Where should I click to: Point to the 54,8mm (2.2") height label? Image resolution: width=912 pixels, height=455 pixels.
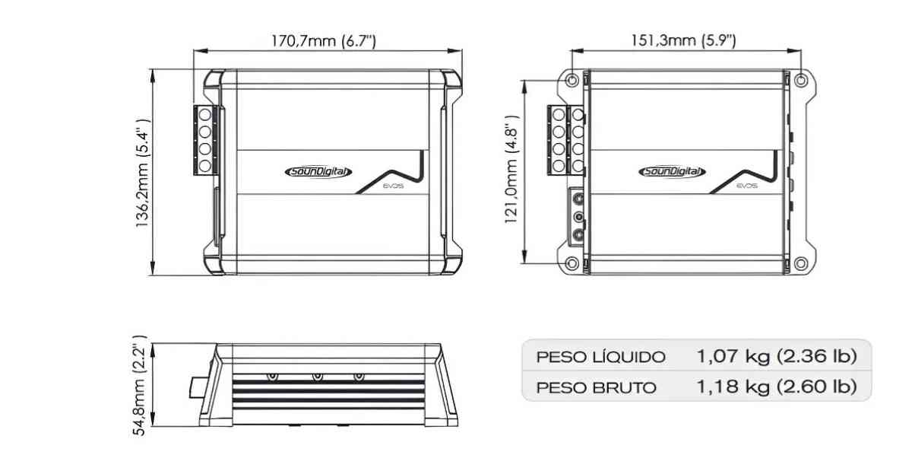coord(141,389)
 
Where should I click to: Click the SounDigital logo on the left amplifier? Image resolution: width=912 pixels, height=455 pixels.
coord(318,172)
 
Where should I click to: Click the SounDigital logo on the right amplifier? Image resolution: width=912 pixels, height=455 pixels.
coord(671,172)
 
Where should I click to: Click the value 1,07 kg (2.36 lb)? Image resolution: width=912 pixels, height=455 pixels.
coord(777,356)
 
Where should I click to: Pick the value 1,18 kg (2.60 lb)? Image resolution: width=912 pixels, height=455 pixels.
coord(777,387)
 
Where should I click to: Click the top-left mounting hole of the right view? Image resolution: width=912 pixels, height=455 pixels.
coord(572,80)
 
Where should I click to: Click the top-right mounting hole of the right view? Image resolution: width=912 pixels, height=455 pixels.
coord(799,80)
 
